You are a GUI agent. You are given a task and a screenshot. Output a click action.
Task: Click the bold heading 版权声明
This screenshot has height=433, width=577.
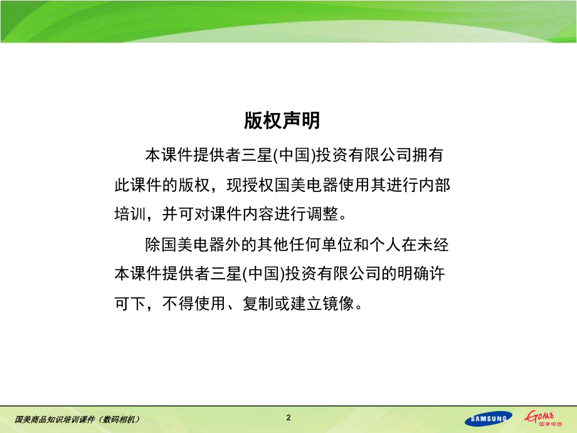pyautogui.click(x=282, y=120)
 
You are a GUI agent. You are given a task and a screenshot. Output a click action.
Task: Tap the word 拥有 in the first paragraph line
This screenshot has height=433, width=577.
pyautogui.click(x=428, y=155)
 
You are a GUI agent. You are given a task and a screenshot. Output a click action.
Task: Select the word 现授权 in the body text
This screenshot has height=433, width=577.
pyautogui.click(x=250, y=185)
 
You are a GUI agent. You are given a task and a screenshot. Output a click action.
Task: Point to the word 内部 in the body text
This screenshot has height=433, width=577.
pyautogui.click(x=435, y=185)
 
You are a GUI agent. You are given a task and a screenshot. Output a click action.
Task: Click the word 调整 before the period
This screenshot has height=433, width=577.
pyautogui.click(x=322, y=214)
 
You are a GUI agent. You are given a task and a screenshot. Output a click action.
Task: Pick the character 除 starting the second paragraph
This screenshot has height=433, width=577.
pyautogui.click(x=153, y=245)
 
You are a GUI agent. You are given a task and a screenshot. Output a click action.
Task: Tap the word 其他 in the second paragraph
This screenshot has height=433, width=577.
pyautogui.click(x=273, y=245)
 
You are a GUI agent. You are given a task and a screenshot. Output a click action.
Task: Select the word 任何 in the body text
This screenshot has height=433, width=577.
pyautogui.click(x=305, y=245)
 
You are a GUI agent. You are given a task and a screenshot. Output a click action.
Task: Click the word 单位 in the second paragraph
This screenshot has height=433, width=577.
pyautogui.click(x=337, y=245)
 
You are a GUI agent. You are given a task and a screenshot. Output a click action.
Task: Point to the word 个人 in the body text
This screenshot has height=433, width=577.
pyautogui.click(x=385, y=245)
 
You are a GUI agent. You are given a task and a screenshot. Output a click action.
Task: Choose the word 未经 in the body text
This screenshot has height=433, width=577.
pyautogui.click(x=433, y=245)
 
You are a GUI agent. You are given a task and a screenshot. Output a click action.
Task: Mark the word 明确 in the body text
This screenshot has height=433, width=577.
pyautogui.click(x=413, y=274)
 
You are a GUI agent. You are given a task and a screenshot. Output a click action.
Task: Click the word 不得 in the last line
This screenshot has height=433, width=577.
pyautogui.click(x=178, y=304)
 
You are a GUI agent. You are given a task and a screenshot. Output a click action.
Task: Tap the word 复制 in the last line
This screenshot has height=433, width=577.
pyautogui.click(x=258, y=304)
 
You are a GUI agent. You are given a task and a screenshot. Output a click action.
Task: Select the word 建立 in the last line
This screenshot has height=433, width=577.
pyautogui.click(x=306, y=304)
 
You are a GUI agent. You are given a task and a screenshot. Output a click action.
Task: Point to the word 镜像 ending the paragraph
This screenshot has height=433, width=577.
pyautogui.click(x=338, y=304)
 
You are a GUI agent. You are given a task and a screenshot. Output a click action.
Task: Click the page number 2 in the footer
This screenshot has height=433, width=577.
pyautogui.click(x=288, y=417)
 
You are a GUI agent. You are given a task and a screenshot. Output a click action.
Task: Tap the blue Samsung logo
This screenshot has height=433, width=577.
pyautogui.click(x=489, y=419)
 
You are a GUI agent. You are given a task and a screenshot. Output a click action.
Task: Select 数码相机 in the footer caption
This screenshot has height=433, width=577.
pyautogui.click(x=120, y=419)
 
